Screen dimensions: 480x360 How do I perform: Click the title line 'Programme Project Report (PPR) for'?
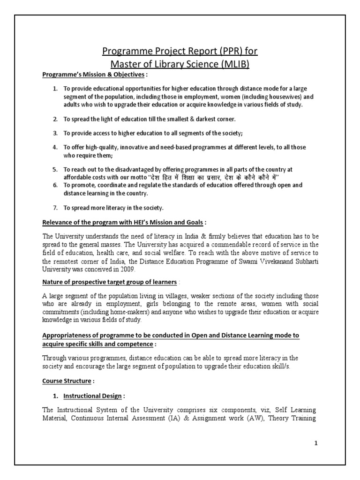pos(180,51)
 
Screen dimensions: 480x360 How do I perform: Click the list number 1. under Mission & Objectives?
pos(55,89)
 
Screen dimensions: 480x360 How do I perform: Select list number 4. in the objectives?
pos(55,147)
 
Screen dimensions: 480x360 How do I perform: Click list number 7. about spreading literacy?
pos(55,208)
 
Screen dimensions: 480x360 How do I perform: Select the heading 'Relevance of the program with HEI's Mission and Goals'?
pos(123,222)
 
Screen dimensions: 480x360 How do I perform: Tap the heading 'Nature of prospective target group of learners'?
pos(110,282)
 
